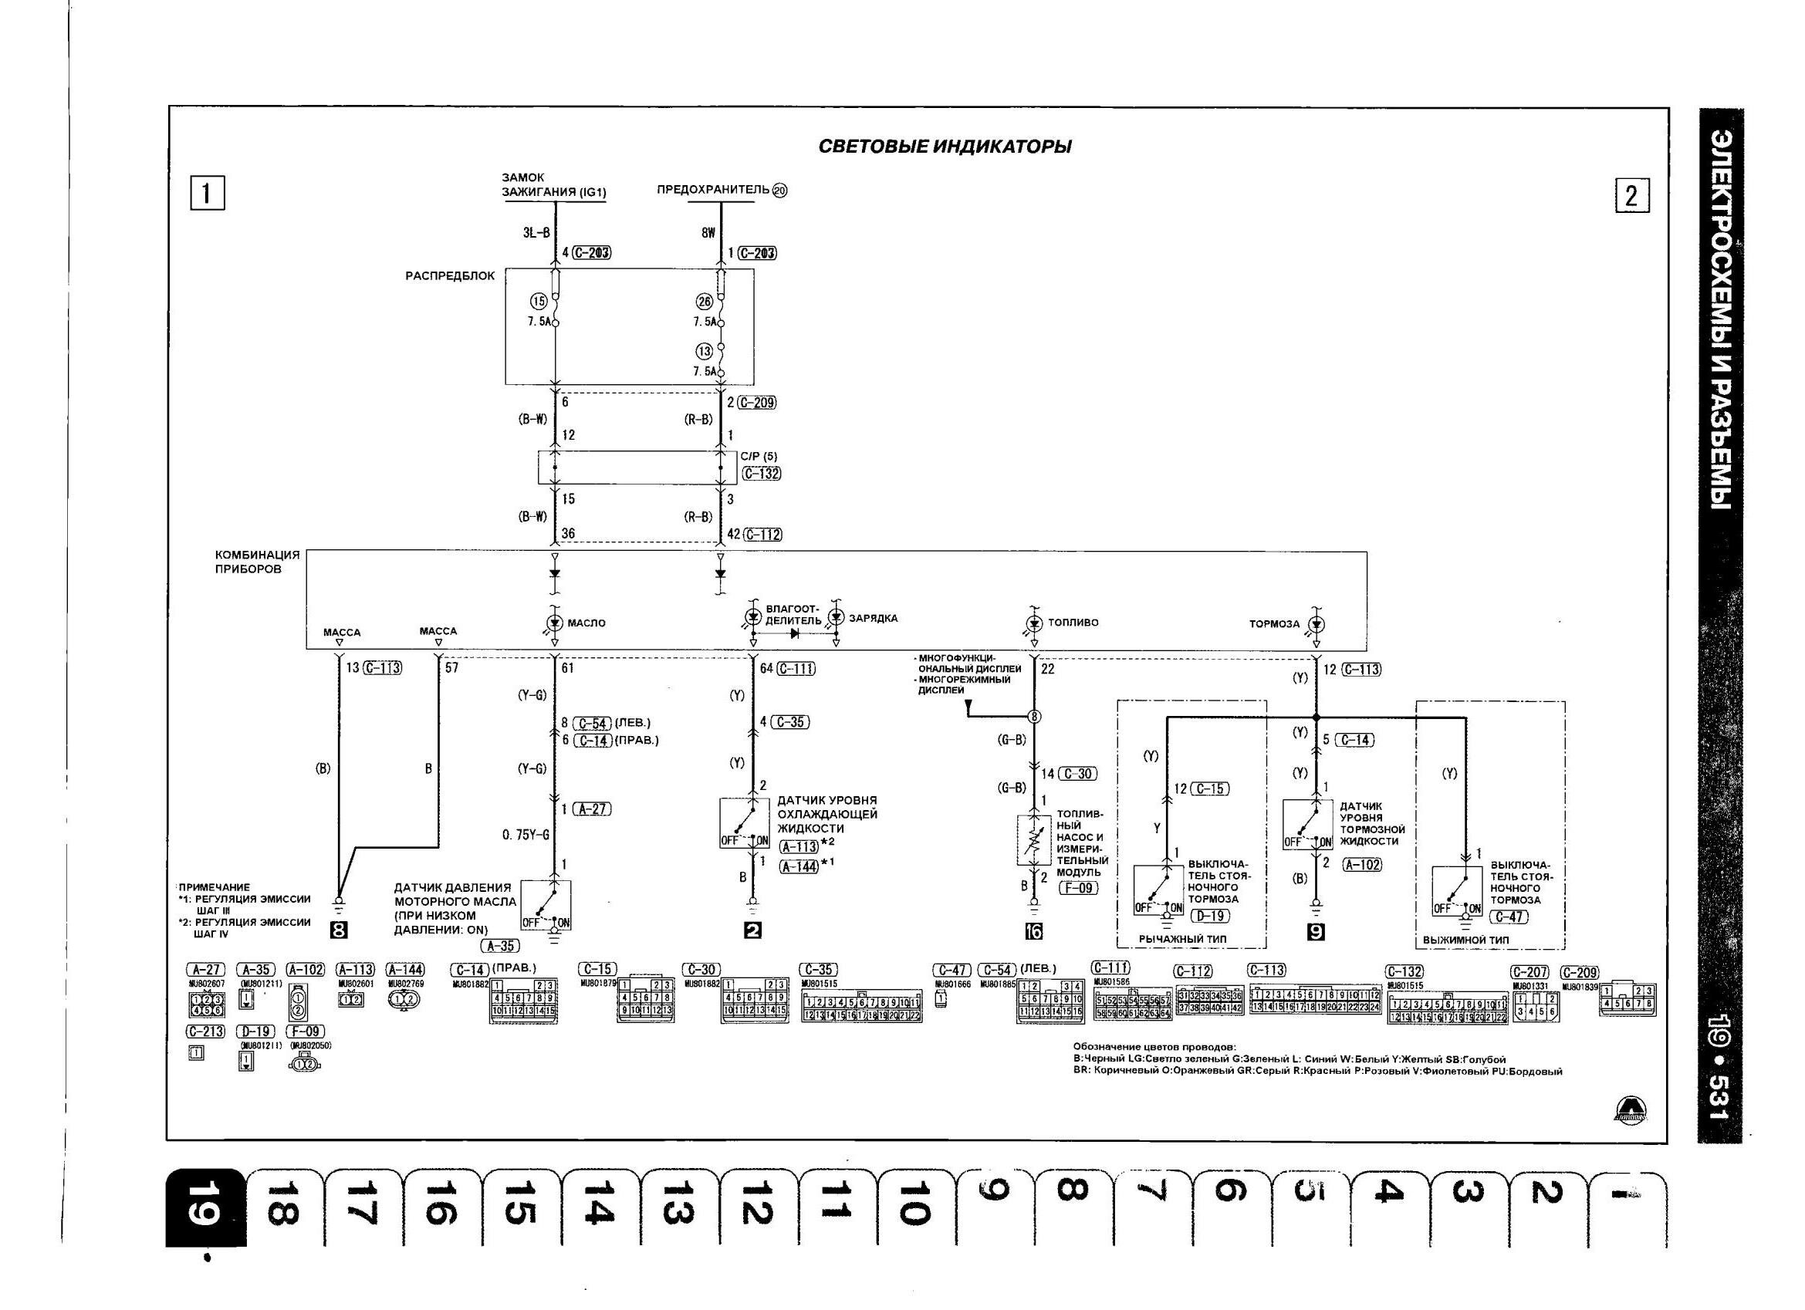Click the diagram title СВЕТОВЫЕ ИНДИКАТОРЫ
click(x=945, y=147)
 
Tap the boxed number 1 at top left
click(x=207, y=194)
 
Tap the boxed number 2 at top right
click(x=1631, y=196)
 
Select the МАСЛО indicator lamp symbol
click(x=555, y=622)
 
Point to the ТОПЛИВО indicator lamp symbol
click(x=1034, y=623)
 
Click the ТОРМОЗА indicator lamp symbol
click(x=1317, y=623)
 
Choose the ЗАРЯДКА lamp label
click(x=873, y=619)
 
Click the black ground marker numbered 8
click(x=338, y=930)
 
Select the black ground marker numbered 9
click(x=1317, y=931)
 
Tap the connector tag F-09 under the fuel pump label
click(x=1077, y=886)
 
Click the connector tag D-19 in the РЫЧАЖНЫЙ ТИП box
click(x=1210, y=916)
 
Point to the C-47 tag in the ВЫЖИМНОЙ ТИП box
click(x=1508, y=917)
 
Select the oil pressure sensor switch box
click(x=546, y=905)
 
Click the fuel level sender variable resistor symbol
click(x=1034, y=840)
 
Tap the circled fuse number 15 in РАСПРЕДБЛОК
click(x=539, y=302)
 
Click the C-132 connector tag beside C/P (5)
click(x=761, y=474)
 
